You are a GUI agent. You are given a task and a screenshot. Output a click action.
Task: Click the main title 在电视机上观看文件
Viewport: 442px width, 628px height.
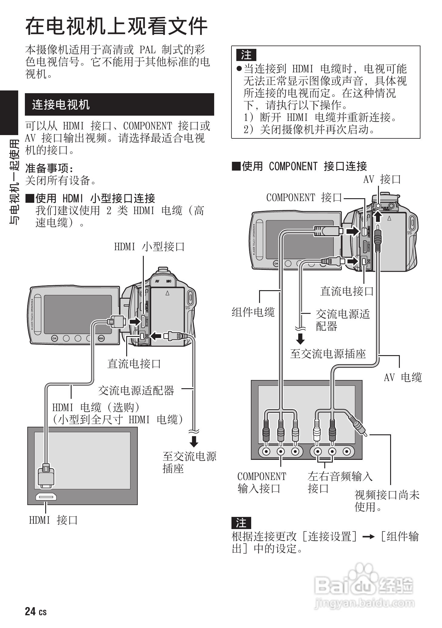[x=116, y=26]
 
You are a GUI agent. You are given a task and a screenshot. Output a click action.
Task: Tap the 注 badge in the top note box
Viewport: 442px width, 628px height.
[x=246, y=55]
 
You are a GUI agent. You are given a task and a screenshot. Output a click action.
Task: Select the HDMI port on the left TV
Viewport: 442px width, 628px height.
[x=46, y=497]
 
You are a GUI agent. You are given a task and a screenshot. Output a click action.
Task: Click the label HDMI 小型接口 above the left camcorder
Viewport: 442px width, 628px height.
[x=149, y=246]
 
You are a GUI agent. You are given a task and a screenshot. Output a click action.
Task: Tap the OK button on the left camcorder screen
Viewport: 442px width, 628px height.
[x=54, y=338]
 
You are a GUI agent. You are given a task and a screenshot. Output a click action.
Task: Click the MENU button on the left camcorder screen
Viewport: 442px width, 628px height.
[x=101, y=338]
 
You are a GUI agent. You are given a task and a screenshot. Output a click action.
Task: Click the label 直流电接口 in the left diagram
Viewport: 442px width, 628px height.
[x=134, y=363]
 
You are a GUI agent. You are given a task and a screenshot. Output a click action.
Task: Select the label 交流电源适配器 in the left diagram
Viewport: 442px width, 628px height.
[x=136, y=390]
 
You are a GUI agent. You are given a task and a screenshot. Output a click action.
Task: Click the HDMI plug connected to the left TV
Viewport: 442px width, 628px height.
[x=46, y=477]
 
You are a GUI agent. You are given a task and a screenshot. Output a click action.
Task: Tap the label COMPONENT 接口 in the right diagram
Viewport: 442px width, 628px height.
[x=304, y=198]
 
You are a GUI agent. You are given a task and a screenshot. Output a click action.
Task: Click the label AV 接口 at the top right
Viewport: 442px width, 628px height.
[x=382, y=179]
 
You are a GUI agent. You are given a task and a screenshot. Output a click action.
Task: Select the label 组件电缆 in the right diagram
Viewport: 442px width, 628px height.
[x=253, y=312]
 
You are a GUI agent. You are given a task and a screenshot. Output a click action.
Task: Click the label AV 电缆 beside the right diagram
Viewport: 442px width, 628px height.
[x=403, y=377]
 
